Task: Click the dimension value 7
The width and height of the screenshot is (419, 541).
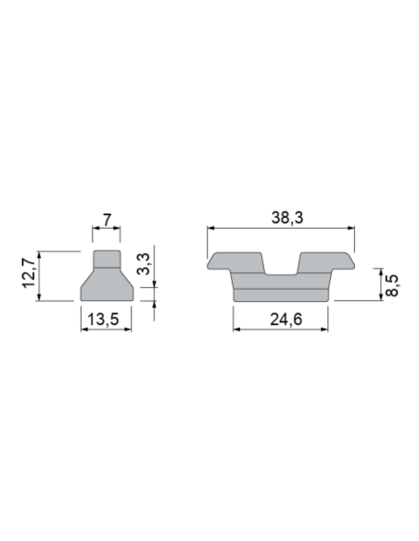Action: [107, 220]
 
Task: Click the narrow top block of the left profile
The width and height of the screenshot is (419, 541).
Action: [106, 257]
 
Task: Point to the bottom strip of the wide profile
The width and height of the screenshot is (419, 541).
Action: [281, 294]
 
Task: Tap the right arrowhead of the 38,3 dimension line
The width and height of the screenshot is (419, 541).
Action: [352, 229]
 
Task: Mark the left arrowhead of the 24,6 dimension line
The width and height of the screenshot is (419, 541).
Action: [235, 331]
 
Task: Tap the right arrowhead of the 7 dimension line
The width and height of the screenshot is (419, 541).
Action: [118, 229]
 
